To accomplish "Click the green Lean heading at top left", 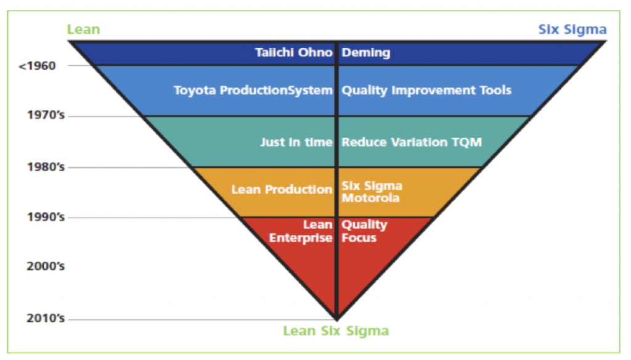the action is click(83, 30).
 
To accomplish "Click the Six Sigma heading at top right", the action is click(572, 30).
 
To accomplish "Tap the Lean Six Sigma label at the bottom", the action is click(336, 331).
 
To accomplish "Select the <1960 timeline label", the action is click(37, 65).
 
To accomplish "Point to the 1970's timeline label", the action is click(46, 115).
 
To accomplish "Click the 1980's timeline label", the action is click(46, 166).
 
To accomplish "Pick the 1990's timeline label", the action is click(46, 217).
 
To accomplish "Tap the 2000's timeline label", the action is click(46, 266).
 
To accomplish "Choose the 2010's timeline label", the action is click(46, 318).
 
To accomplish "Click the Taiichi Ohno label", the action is click(294, 52).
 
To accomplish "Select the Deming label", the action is click(366, 53).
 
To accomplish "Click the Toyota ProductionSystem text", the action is click(253, 90).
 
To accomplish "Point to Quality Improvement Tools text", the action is click(426, 90).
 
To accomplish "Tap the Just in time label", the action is click(296, 142).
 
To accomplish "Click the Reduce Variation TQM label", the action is click(412, 142).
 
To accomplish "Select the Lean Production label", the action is click(282, 189).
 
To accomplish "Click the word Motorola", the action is click(370, 198).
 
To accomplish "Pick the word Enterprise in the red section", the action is click(301, 238).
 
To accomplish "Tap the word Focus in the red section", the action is click(359, 237).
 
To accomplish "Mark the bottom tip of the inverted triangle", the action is click(336, 320).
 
